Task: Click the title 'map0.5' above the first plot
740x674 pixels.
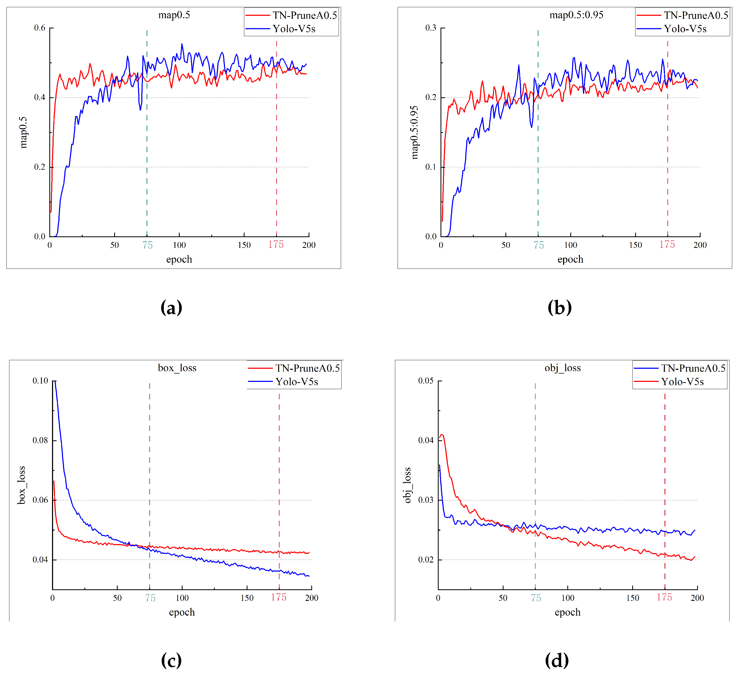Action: click(174, 15)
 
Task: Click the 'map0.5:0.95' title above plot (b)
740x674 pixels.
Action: click(576, 15)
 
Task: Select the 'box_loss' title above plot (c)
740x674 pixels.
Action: click(177, 368)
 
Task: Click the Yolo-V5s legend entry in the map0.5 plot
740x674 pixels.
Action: click(294, 29)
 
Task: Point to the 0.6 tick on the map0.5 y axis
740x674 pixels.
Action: click(40, 28)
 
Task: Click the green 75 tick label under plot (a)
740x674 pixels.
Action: click(147, 245)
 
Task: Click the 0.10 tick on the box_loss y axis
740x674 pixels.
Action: click(40, 381)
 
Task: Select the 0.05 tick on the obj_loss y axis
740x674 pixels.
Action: click(426, 381)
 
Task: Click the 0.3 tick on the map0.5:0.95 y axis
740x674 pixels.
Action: click(431, 28)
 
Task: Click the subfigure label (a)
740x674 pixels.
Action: click(171, 307)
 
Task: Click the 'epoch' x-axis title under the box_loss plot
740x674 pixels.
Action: click(182, 612)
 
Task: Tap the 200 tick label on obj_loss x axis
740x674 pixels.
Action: click(697, 598)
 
